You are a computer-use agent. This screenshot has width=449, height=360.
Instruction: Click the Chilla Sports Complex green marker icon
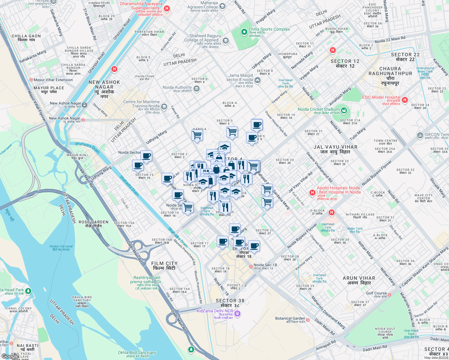pyautogui.click(x=244, y=31)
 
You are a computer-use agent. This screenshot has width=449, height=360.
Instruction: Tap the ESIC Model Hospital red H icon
pyautogui.click(x=405, y=100)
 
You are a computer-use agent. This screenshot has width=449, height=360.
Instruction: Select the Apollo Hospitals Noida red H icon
pyautogui.click(x=312, y=192)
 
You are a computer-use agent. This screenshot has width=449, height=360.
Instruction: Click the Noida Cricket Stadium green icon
pyautogui.click(x=344, y=111)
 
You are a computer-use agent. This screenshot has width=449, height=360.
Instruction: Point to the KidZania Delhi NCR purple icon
pyautogui.click(x=237, y=313)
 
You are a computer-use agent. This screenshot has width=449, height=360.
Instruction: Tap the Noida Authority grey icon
pyautogui.click(x=197, y=88)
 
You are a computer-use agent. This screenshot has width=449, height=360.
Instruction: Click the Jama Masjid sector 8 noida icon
pyautogui.click(x=257, y=80)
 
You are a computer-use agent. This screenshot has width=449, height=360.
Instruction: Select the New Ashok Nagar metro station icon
pyautogui.click(x=85, y=105)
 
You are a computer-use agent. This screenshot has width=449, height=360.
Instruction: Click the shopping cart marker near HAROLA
pyautogui.click(x=197, y=135)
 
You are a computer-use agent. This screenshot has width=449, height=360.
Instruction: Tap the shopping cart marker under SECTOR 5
pyautogui.click(x=232, y=131)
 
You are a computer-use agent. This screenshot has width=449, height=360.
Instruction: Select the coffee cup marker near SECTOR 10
pyautogui.click(x=257, y=124)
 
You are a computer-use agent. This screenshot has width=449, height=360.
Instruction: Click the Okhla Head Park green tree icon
pyautogui.click(x=28, y=291)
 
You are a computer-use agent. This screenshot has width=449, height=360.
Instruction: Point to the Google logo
pyautogui.click(x=10, y=356)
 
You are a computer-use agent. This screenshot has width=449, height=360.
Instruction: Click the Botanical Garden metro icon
pyautogui.click(x=308, y=320)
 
